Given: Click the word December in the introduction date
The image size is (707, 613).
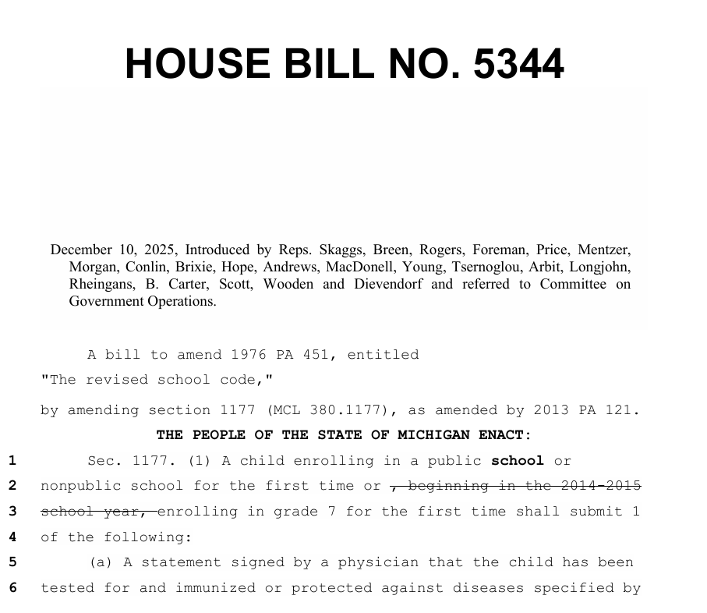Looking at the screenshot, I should pos(82,250).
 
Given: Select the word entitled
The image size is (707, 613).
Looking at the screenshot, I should pos(383,355).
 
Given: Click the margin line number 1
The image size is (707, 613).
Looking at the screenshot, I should pos(12,461).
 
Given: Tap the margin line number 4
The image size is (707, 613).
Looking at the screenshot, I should pos(12,537).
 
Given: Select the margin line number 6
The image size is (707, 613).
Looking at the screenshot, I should pos(12,588).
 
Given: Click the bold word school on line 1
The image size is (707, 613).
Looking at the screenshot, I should pos(518,461).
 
